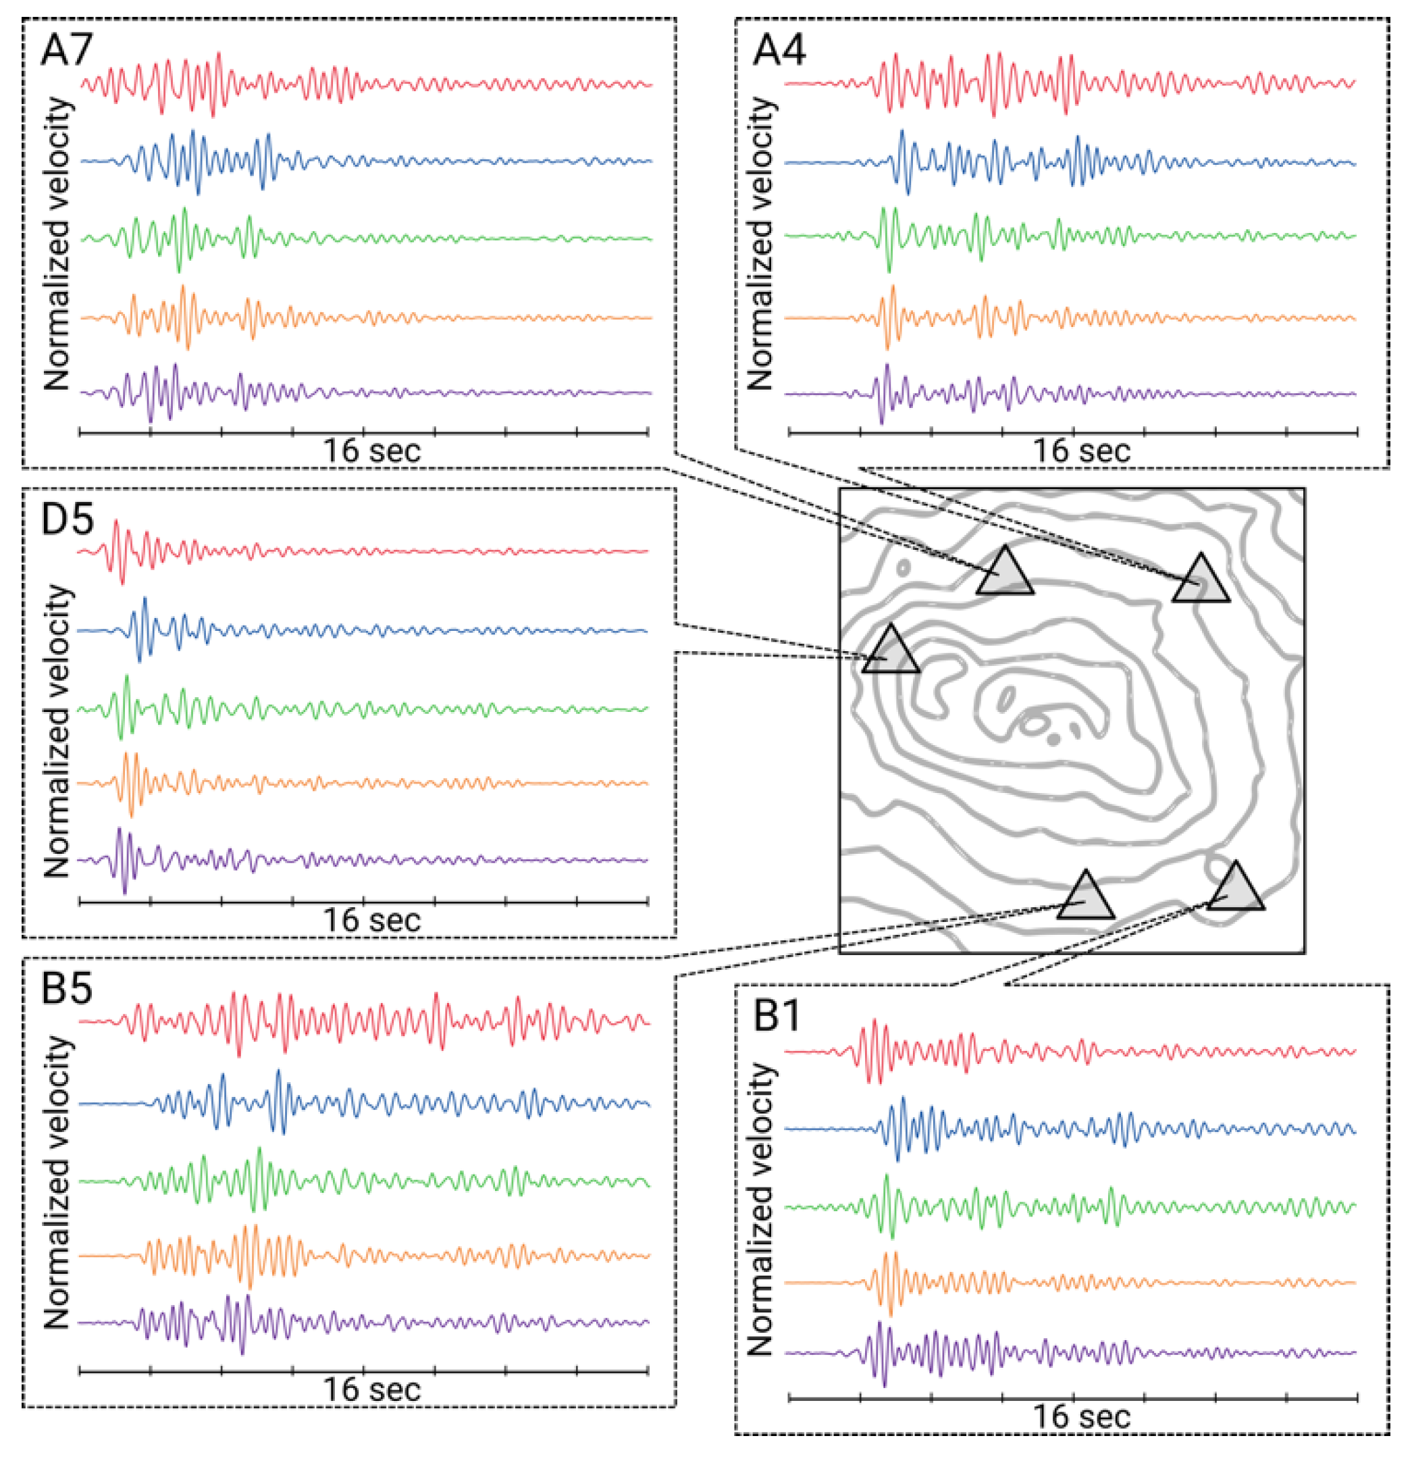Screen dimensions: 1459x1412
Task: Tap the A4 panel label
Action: point(779,51)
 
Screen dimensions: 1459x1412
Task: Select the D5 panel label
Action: point(67,519)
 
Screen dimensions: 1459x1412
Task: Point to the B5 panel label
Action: point(66,989)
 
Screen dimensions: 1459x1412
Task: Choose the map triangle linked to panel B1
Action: point(1236,890)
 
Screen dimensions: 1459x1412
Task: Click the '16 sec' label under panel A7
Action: point(371,451)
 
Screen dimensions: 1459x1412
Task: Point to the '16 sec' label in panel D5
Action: point(371,921)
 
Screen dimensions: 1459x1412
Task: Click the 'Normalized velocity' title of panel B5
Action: point(57,1183)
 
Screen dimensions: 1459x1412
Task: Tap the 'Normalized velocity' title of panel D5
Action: point(57,731)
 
